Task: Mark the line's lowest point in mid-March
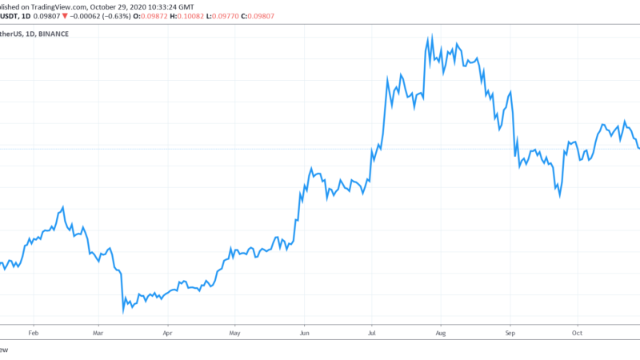pyautogui.click(x=123, y=311)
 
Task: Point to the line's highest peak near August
pyautogui.click(x=432, y=35)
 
